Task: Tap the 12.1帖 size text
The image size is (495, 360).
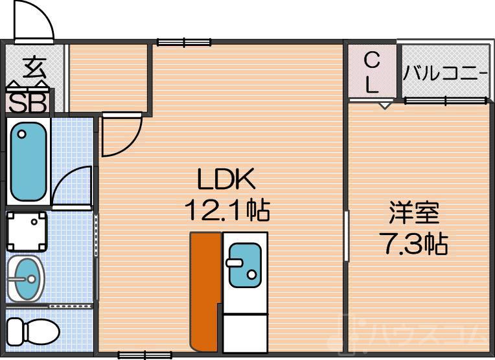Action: pos(227,208)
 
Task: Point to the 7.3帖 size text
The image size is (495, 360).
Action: pos(413,243)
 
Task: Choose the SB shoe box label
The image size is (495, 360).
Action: pos(27,102)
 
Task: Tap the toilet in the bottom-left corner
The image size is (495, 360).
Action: pos(32,332)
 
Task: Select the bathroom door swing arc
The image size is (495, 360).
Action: pos(73,186)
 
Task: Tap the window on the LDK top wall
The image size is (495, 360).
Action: pos(179,43)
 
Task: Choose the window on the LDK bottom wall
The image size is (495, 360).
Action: pos(141,354)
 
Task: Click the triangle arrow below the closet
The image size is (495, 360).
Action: pos(385,105)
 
